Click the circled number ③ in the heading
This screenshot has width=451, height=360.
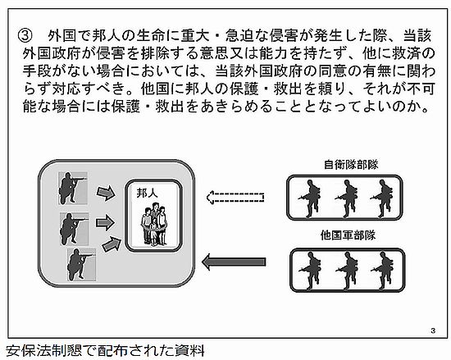coord(24,35)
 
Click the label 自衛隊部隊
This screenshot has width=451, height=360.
coord(351,165)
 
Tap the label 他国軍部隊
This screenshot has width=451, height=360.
coord(348,235)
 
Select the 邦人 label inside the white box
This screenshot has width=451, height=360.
coord(147,194)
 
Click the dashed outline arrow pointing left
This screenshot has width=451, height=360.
coord(235,198)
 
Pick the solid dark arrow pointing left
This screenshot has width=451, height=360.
coord(234,262)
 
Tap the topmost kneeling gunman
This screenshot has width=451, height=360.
coord(73,189)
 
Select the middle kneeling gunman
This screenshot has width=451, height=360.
coord(74,229)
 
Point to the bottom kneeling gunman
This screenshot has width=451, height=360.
coord(81,265)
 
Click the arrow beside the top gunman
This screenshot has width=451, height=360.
coord(106,193)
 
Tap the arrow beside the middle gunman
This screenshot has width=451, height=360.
coord(105,222)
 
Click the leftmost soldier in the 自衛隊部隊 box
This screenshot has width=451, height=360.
coord(309,198)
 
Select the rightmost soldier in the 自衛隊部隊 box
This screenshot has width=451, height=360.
coord(381,198)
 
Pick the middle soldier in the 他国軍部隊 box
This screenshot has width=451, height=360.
coord(347,271)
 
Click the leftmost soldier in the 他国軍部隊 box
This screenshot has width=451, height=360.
coord(310,271)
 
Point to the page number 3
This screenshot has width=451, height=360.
coord(433,330)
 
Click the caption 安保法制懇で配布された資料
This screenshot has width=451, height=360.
coord(105,351)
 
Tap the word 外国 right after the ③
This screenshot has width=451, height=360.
coord(62,35)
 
